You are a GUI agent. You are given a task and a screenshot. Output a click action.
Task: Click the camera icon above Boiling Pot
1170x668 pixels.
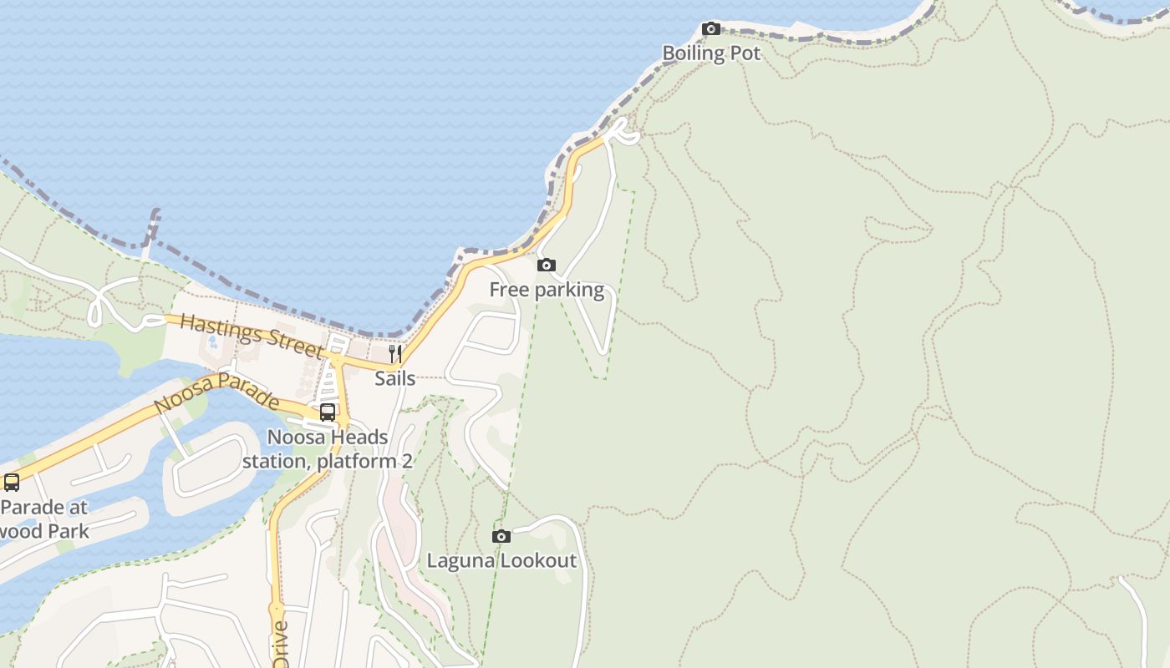(x=711, y=29)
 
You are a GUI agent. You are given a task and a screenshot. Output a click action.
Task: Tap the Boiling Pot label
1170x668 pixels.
(x=711, y=53)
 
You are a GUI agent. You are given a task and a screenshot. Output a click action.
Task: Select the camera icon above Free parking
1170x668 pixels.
(x=547, y=266)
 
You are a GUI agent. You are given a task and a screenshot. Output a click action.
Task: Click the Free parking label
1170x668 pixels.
(x=547, y=290)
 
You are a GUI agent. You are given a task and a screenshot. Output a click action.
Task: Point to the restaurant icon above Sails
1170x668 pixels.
(x=395, y=354)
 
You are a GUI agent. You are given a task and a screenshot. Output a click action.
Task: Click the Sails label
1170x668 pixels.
(x=395, y=378)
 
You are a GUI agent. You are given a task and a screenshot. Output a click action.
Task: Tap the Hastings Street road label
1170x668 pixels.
(x=251, y=334)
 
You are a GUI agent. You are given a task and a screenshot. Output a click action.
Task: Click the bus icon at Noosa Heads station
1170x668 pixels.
(x=328, y=412)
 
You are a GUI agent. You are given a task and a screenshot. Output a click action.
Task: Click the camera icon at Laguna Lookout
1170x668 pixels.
(x=501, y=536)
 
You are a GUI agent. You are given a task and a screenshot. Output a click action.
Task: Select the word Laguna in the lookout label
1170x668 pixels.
(x=456, y=560)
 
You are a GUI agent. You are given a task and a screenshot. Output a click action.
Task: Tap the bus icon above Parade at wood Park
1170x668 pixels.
(x=12, y=483)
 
